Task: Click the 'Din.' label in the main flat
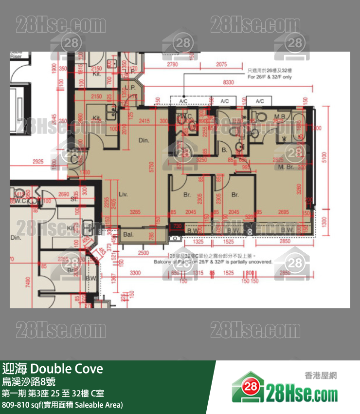(143, 140)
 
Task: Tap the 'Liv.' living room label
(123, 194)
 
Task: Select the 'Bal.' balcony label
(128, 234)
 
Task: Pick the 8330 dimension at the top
(228, 83)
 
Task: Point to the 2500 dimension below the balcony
(143, 253)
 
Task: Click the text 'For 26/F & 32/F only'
(270, 77)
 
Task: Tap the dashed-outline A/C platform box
(183, 101)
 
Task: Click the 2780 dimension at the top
(172, 64)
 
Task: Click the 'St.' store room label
(74, 199)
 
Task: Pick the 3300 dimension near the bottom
(135, 273)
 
